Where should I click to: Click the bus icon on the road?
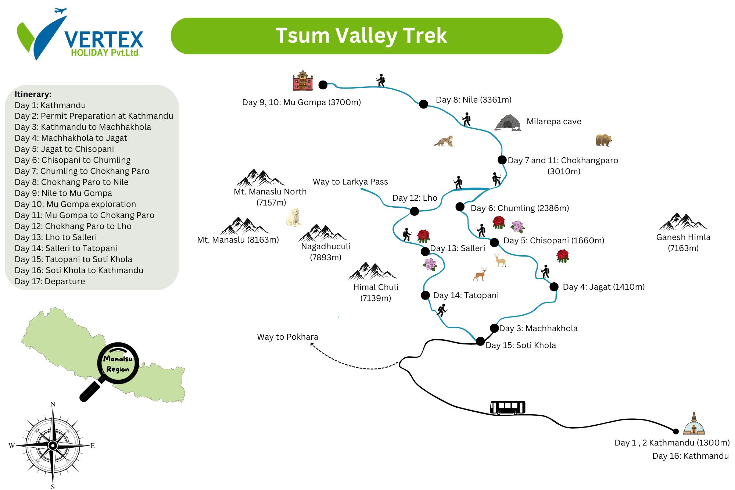(508, 408)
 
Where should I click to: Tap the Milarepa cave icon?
(508, 123)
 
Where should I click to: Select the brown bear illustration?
(603, 140)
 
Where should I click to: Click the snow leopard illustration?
(444, 141)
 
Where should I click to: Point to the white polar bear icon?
(294, 218)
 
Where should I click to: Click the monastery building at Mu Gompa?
(302, 81)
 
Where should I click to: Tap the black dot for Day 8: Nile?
(423, 104)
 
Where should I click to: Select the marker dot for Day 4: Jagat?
(554, 287)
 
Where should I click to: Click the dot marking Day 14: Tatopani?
(425, 295)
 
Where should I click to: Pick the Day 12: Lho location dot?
(414, 211)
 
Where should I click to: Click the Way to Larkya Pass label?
(350, 182)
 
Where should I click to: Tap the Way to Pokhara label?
(287, 337)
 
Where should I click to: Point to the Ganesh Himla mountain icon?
(683, 222)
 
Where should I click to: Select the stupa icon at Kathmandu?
(693, 424)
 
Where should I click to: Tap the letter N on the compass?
(53, 404)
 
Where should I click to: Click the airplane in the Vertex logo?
(60, 10)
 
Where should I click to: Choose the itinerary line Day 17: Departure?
(50, 281)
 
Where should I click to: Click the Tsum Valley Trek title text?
(361, 36)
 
